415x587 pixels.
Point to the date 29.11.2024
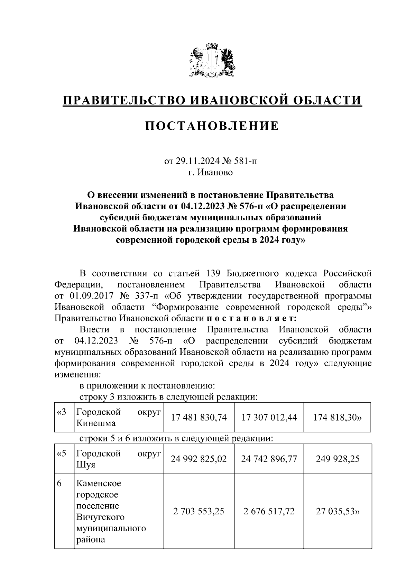click(x=196, y=161)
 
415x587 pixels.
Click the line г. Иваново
click(x=211, y=172)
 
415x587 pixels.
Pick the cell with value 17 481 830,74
click(x=199, y=418)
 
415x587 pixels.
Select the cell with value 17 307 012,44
click(x=269, y=418)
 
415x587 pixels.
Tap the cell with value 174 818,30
click(x=337, y=418)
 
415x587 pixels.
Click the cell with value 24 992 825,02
click(x=199, y=459)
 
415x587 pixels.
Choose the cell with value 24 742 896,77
click(x=269, y=459)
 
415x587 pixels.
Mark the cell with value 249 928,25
click(x=337, y=459)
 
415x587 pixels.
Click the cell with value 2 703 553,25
click(x=199, y=511)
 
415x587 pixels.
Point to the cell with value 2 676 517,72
click(x=269, y=511)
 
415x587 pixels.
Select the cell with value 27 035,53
click(x=337, y=511)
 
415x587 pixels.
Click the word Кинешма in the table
click(x=96, y=423)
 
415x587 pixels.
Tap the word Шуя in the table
click(x=85, y=465)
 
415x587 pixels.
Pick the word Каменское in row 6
click(x=99, y=483)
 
